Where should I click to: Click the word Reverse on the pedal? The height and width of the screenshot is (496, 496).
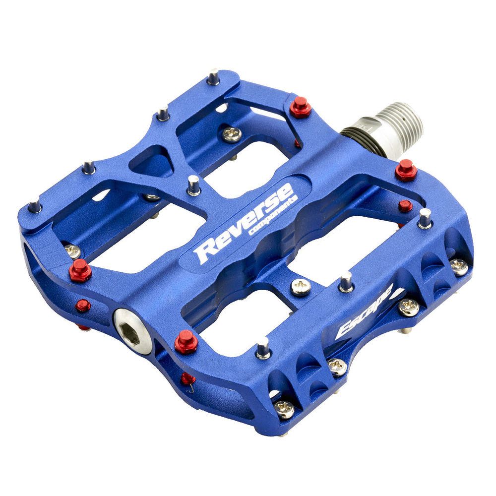(246, 223)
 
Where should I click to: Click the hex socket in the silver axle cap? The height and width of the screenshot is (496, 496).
(132, 325)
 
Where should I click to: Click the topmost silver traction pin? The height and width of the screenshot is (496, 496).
(213, 77)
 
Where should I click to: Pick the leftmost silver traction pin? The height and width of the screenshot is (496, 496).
(34, 204)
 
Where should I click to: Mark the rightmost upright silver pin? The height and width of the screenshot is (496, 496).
(425, 218)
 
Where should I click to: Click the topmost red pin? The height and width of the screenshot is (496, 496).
(301, 107)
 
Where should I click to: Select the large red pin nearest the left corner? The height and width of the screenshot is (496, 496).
(80, 271)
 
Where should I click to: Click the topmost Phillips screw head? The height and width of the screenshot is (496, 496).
(232, 133)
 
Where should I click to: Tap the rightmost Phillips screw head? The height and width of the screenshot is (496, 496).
(459, 267)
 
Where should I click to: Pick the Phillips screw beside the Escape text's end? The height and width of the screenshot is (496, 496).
(409, 307)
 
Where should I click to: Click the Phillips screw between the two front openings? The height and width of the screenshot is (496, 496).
(301, 287)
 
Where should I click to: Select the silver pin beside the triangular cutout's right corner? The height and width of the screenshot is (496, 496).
(193, 186)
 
